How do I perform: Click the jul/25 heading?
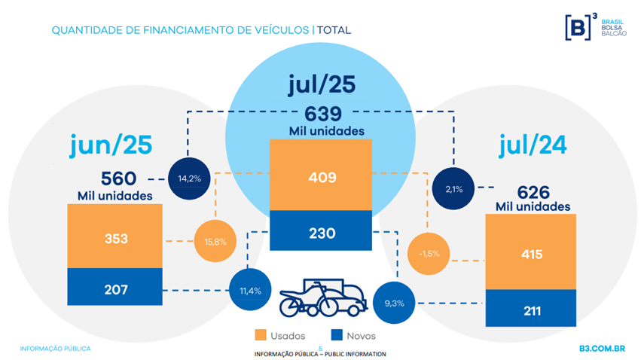point(321,85)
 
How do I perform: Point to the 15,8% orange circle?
point(215,242)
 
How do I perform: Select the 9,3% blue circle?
point(394,303)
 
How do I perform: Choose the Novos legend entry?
point(353,335)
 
